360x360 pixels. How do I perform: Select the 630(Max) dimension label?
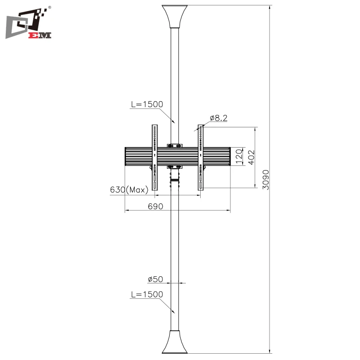129,190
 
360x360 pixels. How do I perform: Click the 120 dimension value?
239,156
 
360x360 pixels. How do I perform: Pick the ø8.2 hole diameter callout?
218,118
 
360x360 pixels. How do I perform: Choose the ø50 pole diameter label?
155,279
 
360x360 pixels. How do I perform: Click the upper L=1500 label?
147,104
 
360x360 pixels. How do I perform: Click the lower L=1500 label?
147,294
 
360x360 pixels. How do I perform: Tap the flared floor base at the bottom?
175,343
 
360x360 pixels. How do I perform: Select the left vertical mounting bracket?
155,160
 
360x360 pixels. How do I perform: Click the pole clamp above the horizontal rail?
175,145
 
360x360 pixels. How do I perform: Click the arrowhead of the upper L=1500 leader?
173,122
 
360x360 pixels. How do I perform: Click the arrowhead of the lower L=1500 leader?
173,311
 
